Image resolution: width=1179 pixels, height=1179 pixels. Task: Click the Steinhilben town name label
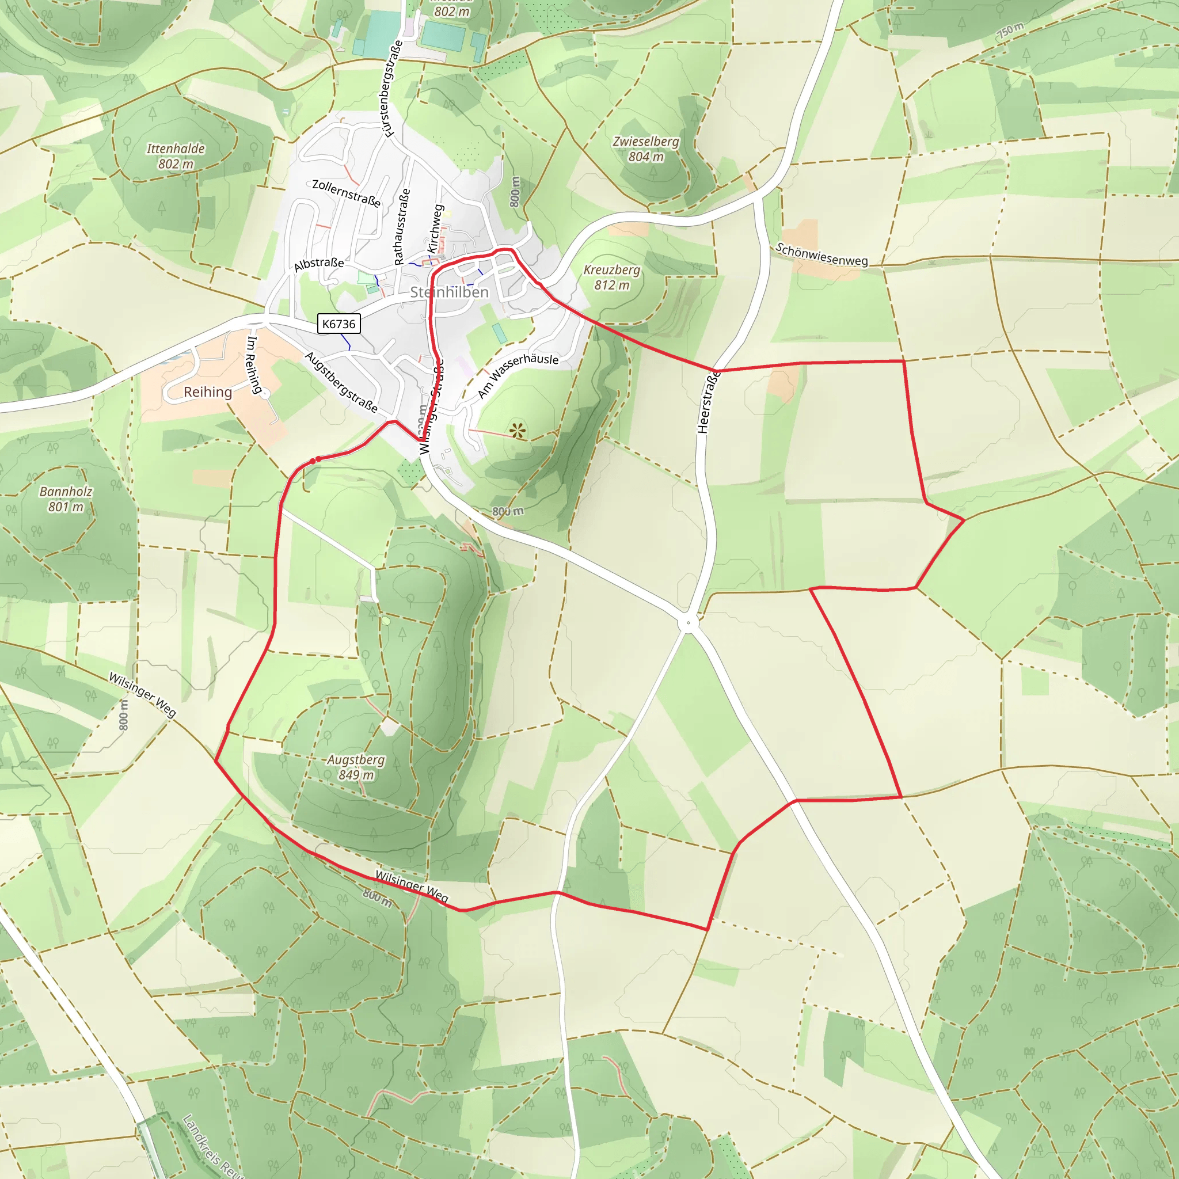point(449,292)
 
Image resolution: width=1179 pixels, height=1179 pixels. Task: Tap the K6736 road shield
point(339,324)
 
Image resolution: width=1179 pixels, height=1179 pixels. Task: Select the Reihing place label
point(207,392)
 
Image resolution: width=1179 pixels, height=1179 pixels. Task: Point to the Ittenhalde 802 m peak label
point(176,156)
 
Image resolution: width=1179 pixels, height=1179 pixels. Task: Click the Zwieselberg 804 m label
point(646,149)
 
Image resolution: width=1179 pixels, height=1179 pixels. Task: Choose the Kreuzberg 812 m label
point(611,277)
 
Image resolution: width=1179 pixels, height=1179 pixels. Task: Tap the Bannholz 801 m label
point(66,499)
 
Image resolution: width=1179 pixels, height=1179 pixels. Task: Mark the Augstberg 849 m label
point(356,767)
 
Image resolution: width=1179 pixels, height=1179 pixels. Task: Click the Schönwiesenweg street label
point(821,254)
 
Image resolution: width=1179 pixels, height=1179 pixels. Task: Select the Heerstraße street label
point(708,402)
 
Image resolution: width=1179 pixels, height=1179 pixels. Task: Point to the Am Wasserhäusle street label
point(518,374)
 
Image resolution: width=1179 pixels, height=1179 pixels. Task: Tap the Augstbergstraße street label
point(341,382)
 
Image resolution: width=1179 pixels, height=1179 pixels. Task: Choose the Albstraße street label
point(318,264)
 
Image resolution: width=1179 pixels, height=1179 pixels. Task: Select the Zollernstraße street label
point(346,193)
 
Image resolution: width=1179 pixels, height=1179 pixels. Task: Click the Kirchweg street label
point(435,229)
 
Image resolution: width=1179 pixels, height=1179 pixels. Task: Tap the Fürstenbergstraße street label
point(390,89)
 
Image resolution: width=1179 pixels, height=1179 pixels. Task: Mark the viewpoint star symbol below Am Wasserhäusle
point(518,431)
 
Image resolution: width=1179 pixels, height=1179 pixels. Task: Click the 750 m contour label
point(1010,30)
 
